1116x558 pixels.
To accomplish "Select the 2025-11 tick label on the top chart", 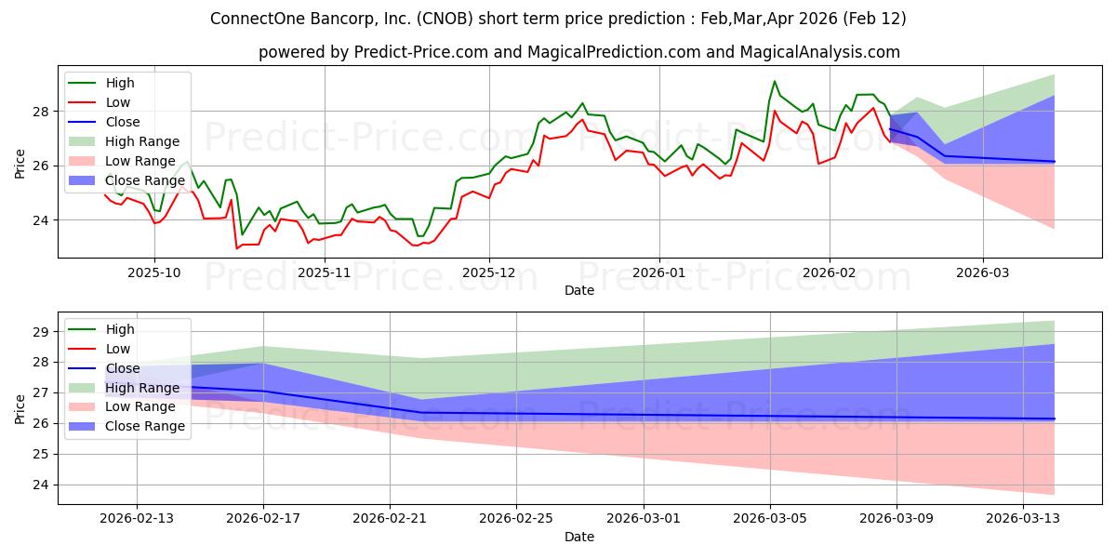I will pyautogui.click(x=324, y=272).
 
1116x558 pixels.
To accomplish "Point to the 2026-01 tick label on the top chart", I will pyautogui.click(x=658, y=272).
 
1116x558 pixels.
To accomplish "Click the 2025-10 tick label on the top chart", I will pyautogui.click(x=154, y=272).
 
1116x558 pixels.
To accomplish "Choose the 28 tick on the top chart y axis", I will pyautogui.click(x=41, y=111).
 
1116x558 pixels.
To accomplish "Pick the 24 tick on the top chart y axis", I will pyautogui.click(x=41, y=220).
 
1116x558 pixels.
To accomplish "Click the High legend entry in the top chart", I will pyautogui.click(x=120, y=83).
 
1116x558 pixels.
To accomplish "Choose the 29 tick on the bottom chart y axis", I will pyautogui.click(x=41, y=332).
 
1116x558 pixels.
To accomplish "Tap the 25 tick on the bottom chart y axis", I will pyautogui.click(x=41, y=455).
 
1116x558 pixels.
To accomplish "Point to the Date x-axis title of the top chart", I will pyautogui.click(x=578, y=290).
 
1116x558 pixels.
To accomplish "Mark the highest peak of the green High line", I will pyautogui.click(x=775, y=81).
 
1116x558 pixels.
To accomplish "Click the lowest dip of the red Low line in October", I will pyautogui.click(x=236, y=248).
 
